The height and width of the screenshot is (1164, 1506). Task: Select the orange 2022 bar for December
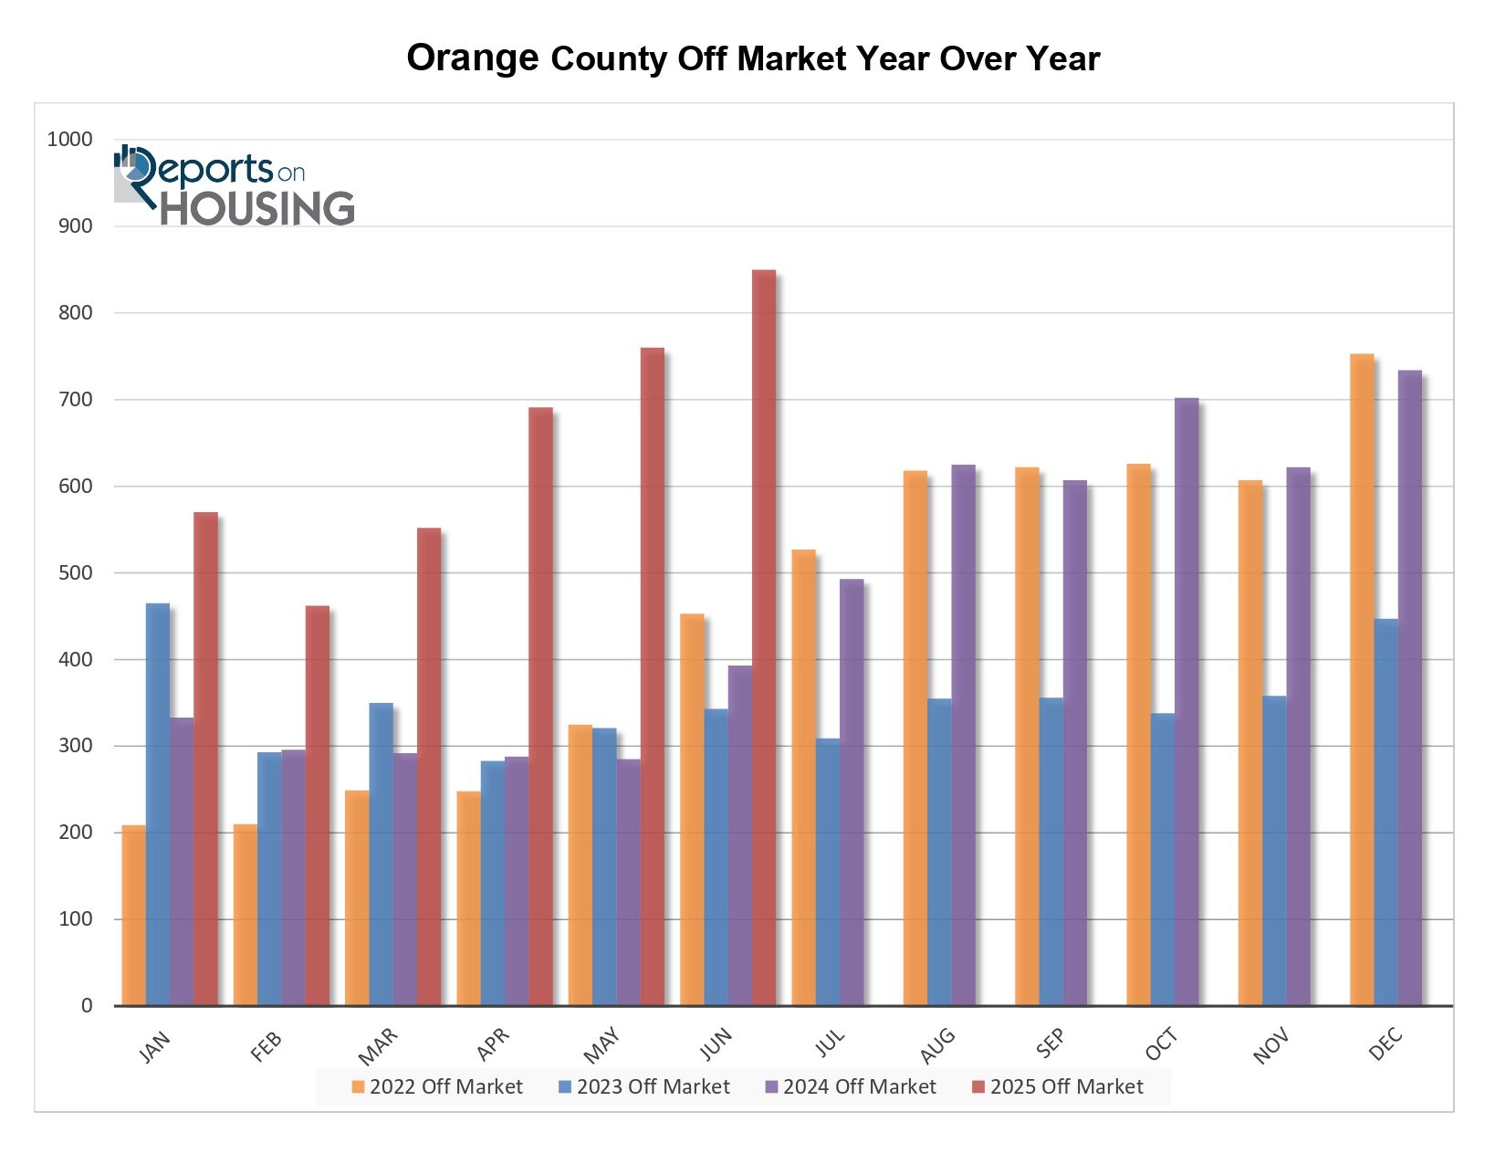pyautogui.click(x=1362, y=680)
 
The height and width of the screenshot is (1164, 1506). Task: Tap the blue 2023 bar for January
pyautogui.click(x=158, y=804)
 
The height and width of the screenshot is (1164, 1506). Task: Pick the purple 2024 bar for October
pyautogui.click(x=1187, y=702)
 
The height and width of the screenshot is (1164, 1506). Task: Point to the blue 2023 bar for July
pyautogui.click(x=828, y=872)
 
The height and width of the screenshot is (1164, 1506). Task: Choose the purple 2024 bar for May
pyautogui.click(x=629, y=882)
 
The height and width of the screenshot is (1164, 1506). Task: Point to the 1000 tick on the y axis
pyautogui.click(x=70, y=140)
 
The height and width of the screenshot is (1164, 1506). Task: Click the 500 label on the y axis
pyautogui.click(x=76, y=572)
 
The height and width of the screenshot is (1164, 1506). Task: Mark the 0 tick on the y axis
pyautogui.click(x=87, y=1005)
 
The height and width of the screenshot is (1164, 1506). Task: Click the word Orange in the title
pyautogui.click(x=472, y=58)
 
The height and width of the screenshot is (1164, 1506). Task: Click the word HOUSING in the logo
pyautogui.click(x=257, y=208)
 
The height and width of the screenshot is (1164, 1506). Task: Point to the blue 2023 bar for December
pyautogui.click(x=1386, y=813)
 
